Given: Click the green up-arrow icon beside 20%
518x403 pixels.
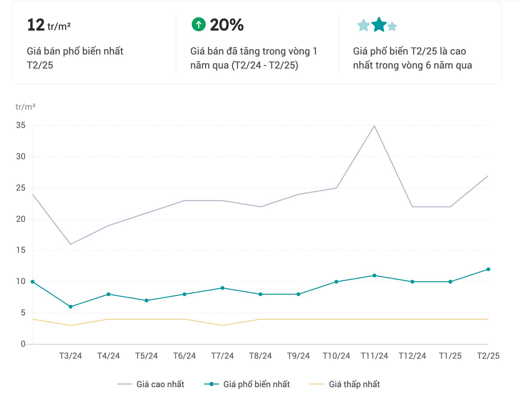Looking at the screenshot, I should point(198,25).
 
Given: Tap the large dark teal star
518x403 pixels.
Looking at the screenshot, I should point(379,25).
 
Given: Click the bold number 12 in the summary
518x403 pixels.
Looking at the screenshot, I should point(36,25).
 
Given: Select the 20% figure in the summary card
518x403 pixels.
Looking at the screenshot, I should point(227,25).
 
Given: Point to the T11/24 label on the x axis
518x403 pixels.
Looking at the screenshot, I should point(374,356).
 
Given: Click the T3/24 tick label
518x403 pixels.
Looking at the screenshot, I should point(70,356).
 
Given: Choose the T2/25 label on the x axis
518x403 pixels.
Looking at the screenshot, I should point(488,356).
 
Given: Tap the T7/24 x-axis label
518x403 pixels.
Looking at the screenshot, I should point(222,356).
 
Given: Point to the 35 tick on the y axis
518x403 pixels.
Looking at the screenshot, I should point(21,126).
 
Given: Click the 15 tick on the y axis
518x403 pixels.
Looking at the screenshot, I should point(21,250).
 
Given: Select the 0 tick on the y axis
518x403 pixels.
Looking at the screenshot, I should point(23,344).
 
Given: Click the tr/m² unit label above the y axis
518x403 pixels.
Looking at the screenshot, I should point(25,107).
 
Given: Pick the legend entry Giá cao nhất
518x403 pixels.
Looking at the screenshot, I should point(160,384).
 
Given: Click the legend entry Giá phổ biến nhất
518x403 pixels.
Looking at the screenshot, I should point(256,384).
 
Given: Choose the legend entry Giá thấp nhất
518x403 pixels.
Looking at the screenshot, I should point(354,384).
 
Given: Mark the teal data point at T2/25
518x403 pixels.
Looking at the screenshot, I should point(488,269).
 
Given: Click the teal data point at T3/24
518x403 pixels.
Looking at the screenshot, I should point(70,307).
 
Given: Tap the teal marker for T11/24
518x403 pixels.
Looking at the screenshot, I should point(374,276).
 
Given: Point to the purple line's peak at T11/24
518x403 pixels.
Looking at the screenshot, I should point(374,126).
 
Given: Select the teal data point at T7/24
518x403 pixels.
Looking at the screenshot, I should point(222,288).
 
